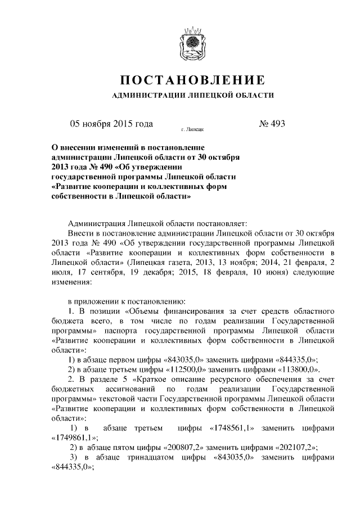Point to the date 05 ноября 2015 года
(111, 124)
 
